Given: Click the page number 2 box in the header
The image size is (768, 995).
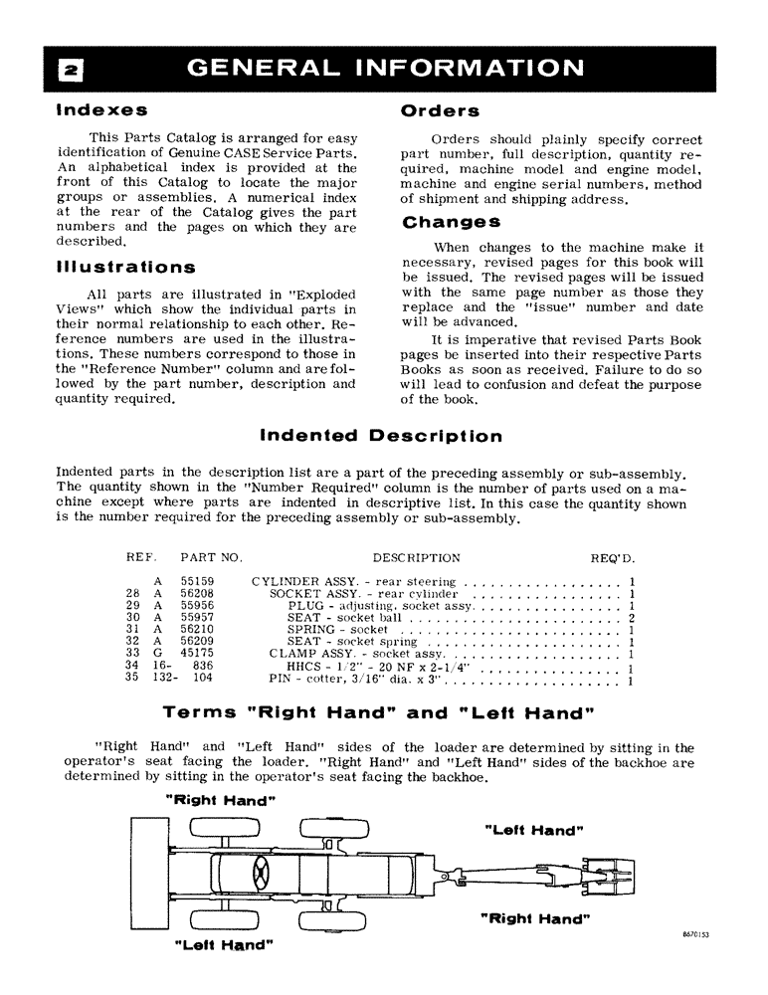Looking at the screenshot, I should pos(73,69).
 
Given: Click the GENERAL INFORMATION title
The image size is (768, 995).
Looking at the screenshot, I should pos(386,68).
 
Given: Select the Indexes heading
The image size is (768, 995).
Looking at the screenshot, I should pos(102,108).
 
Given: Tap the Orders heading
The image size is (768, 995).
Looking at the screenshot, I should pos(440,110).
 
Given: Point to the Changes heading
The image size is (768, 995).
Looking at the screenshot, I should pos(451,223).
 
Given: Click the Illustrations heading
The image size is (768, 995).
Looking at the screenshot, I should pos(126,268).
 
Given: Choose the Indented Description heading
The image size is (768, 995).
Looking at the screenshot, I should pos(380,436).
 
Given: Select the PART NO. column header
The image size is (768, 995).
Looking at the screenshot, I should pos(212,558).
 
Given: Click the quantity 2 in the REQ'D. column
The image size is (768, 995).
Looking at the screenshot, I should pos(632,618).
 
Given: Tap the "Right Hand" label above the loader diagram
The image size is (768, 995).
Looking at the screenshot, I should pos(220,800).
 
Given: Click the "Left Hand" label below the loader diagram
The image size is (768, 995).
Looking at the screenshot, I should pos(224,943).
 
